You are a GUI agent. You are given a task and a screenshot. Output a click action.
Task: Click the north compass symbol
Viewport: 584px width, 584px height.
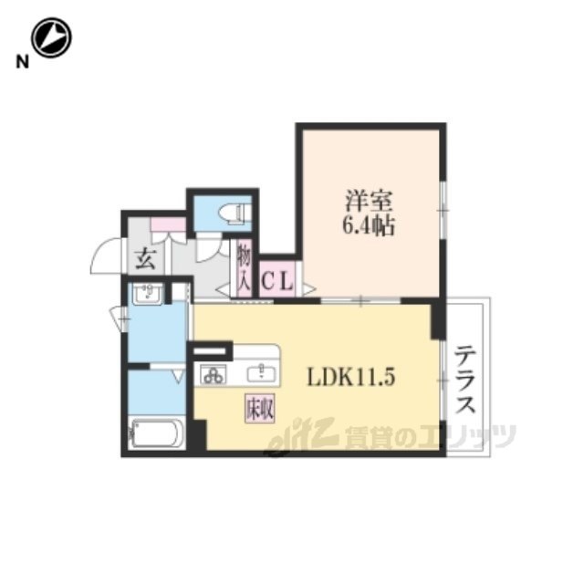[51, 37]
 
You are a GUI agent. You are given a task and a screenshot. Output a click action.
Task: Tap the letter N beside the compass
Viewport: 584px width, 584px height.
[22, 62]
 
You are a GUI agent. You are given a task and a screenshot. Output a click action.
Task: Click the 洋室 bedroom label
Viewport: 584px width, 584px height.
[369, 201]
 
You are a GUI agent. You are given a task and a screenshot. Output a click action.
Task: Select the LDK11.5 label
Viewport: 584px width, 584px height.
[350, 377]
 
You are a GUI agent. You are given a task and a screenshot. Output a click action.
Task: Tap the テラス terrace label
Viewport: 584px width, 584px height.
[465, 380]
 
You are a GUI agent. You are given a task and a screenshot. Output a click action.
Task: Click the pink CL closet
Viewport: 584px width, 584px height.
[276, 279]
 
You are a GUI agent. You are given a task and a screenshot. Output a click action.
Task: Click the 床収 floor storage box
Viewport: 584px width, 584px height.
[259, 408]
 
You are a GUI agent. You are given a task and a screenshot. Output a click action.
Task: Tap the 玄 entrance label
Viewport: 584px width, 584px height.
[145, 259]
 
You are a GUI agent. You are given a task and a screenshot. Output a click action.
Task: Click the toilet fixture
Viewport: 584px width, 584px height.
[235, 214]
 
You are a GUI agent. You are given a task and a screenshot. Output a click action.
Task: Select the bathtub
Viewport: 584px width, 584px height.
[157, 434]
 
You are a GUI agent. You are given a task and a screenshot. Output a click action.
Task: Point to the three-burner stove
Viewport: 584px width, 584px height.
[214, 374]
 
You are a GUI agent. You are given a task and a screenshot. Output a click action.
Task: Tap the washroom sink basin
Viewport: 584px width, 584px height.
[148, 294]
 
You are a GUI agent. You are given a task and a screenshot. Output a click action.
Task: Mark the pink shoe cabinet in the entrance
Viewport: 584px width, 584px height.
[168, 224]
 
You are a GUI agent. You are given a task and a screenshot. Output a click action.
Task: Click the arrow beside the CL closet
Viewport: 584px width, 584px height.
[309, 288]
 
